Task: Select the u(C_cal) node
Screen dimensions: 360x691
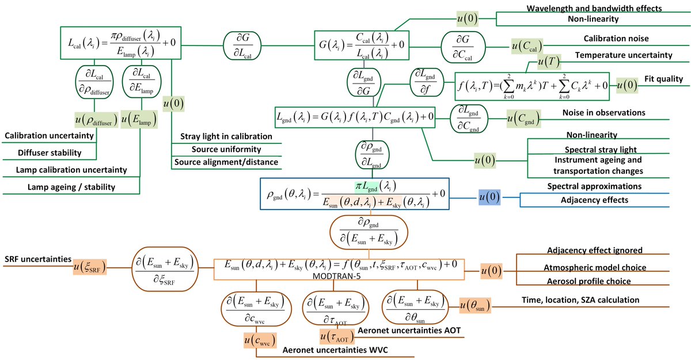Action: coord(526,46)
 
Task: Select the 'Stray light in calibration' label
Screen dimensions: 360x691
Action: coord(226,137)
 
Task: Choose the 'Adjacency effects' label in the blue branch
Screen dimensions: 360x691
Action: coord(595,200)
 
